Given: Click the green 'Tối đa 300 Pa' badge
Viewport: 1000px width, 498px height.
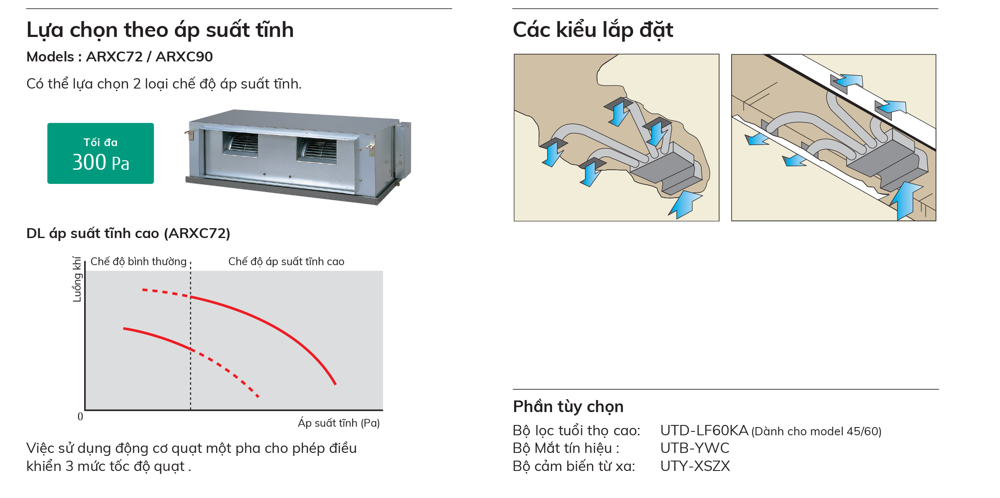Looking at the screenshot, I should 101,153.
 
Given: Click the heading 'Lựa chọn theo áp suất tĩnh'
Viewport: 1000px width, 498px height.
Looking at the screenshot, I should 160,30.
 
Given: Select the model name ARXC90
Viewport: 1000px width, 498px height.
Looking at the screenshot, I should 184,57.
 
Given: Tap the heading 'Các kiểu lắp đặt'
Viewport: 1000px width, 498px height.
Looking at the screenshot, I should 592,30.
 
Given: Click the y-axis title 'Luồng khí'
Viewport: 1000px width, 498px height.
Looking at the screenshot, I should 77,279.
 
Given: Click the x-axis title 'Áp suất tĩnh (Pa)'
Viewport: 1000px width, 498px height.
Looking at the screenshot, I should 338,423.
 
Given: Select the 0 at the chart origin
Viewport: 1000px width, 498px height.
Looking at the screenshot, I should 80,416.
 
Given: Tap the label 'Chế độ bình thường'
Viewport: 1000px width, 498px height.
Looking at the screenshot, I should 138,262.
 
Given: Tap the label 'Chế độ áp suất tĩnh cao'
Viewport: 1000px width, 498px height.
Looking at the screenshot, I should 286,262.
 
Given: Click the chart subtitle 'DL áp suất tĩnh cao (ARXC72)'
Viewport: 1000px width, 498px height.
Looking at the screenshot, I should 128,233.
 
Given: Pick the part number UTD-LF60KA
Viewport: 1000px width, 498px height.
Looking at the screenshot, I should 704,431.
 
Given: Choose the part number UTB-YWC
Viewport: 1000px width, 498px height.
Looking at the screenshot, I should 695,448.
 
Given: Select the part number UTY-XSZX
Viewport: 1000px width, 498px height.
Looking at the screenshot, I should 695,466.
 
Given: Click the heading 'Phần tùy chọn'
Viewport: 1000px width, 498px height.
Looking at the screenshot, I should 568,406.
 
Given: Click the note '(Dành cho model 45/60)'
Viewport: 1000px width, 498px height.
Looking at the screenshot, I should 816,431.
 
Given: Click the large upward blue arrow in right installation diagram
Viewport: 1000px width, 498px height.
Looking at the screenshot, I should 906,200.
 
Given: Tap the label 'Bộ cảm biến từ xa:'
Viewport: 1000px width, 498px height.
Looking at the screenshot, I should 573,466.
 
